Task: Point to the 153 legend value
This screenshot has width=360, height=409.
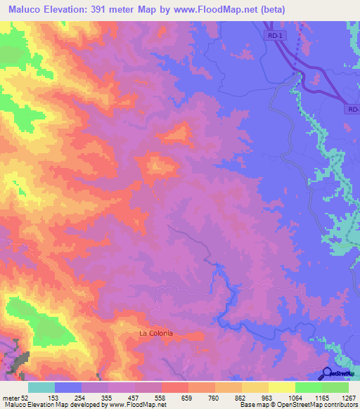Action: tap(54, 396)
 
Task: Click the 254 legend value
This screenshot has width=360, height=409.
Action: tap(81, 396)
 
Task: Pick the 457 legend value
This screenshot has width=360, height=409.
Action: tap(134, 396)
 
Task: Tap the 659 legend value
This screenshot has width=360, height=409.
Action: tap(188, 396)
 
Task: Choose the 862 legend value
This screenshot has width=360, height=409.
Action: tap(241, 396)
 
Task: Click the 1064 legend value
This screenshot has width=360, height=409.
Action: tap(294, 396)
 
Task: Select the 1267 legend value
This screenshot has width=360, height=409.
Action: tap(347, 396)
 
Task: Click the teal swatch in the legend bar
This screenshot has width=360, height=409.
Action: tap(41, 387)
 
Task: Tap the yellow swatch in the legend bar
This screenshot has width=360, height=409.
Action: tap(281, 387)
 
